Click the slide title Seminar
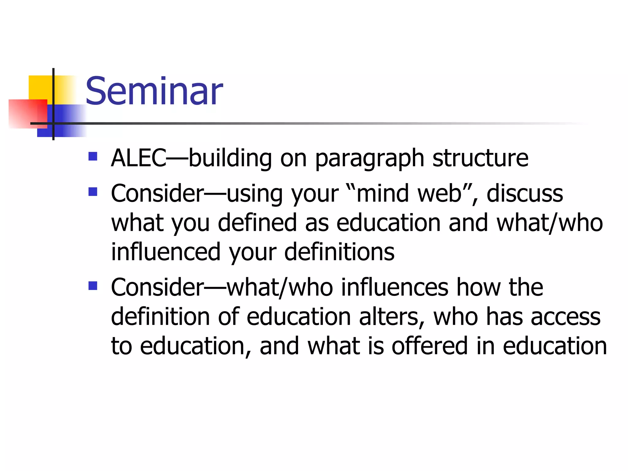pyautogui.click(x=154, y=91)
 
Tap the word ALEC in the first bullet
pyautogui.click(x=139, y=158)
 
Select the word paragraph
pyautogui.click(x=370, y=159)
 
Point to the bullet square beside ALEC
pyautogui.click(x=93, y=156)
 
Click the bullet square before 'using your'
pyautogui.click(x=93, y=192)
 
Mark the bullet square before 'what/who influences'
pyautogui.click(x=93, y=286)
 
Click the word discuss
pyautogui.click(x=525, y=194)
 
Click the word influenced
pyautogui.click(x=166, y=252)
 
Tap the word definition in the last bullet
pyautogui.click(x=160, y=317)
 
